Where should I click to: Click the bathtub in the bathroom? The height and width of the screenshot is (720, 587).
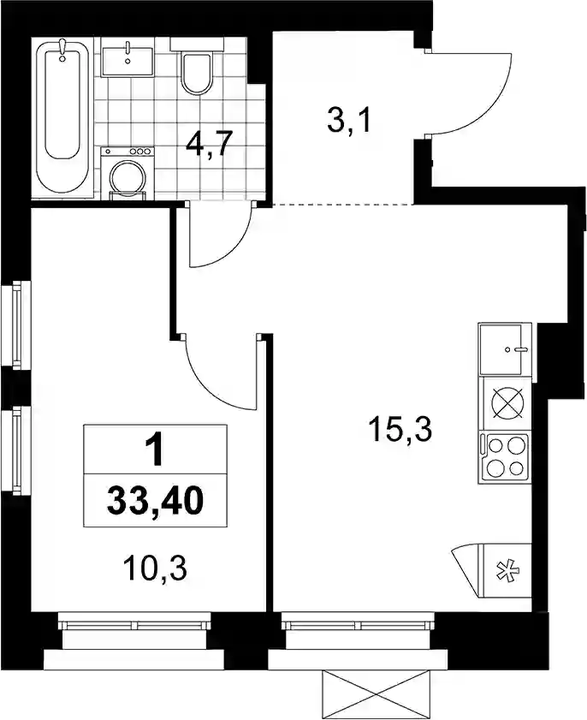tap(62, 118)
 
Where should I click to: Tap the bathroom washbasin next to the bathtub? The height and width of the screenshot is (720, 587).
tap(127, 59)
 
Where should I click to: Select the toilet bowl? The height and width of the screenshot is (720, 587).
tap(196, 74)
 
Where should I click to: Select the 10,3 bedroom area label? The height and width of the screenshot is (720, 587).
tap(155, 569)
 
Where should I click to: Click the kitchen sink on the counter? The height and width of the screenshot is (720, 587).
tap(504, 350)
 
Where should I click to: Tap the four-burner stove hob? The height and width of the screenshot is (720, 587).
tap(504, 458)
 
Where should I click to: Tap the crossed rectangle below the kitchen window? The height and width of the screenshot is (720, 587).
tap(377, 695)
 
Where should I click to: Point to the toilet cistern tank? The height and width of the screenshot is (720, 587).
tap(197, 44)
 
